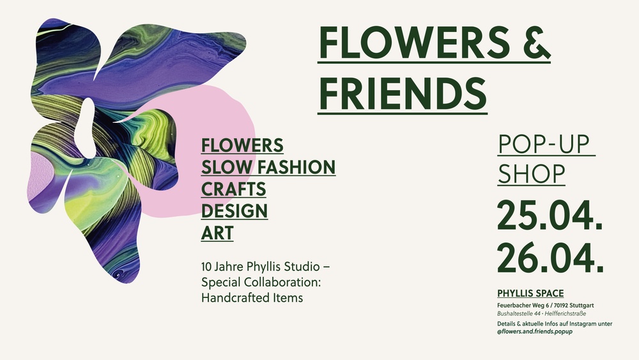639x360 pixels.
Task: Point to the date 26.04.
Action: coord(550,258)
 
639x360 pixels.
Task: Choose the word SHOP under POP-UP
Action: coord(531,173)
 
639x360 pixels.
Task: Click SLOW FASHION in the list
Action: coord(268,168)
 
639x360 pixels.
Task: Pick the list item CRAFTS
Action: coord(233,189)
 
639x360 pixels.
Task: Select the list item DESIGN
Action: coord(235,211)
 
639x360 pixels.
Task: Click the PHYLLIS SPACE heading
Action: coord(530,293)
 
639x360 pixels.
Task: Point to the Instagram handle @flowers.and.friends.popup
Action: coord(534,333)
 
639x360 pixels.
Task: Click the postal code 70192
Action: coord(558,304)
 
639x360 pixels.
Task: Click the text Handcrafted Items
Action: coord(252,297)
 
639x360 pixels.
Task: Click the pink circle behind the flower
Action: coord(224,121)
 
